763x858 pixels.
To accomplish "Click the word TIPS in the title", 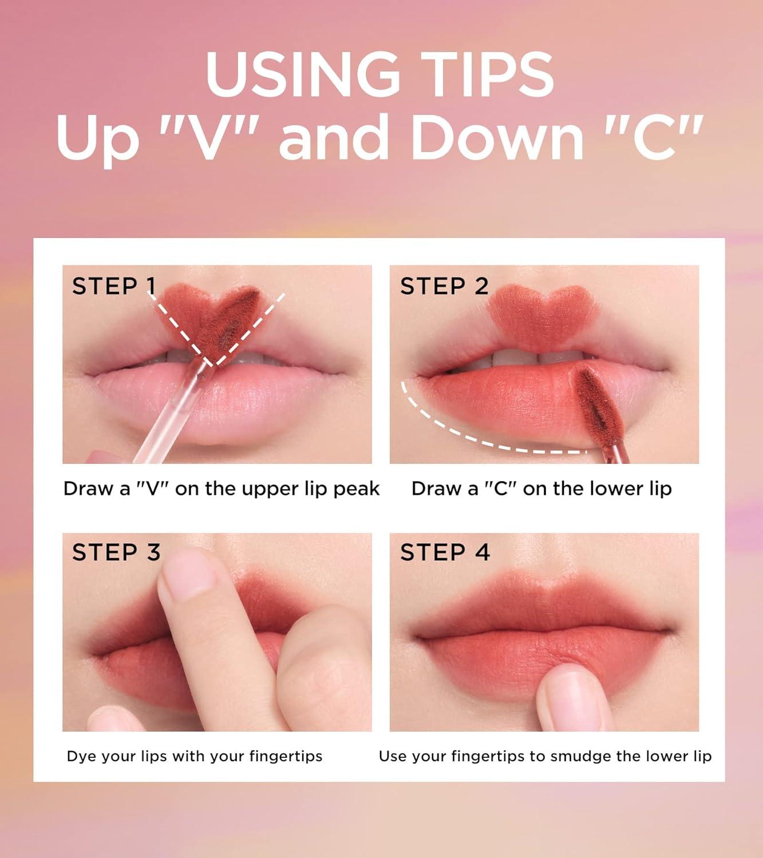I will (491, 74).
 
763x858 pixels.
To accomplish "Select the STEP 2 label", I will (444, 286).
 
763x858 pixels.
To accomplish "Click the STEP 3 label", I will (116, 553).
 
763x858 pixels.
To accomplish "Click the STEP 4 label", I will (445, 553).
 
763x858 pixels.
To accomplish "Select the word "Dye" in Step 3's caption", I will (79, 757).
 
